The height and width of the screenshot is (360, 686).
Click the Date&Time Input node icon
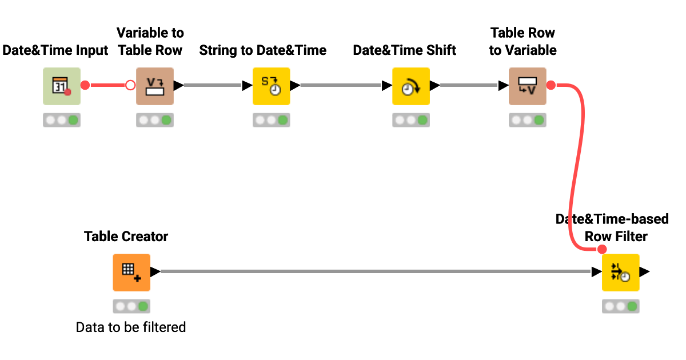[62, 86]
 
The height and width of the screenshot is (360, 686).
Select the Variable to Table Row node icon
[154, 86]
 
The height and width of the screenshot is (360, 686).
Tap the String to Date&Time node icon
[271, 86]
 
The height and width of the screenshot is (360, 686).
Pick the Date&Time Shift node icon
[410, 86]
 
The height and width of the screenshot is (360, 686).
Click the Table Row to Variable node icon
[527, 86]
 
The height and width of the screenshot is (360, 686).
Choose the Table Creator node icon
[131, 273]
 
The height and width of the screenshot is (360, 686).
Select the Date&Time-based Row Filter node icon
[620, 273]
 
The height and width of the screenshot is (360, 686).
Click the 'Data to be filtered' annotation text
[131, 327]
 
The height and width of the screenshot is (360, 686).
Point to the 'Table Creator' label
[126, 236]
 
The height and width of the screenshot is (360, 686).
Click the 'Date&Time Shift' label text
[404, 50]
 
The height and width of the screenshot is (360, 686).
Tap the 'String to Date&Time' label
[262, 50]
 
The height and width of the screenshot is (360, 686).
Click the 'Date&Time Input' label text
[55, 50]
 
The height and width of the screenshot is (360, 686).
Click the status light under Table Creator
[131, 306]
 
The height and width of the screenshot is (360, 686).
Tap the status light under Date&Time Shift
[410, 120]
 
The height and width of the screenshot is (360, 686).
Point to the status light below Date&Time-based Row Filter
[620, 306]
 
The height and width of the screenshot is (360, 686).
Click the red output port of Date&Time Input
[85, 86]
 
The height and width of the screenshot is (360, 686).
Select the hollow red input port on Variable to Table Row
[130, 86]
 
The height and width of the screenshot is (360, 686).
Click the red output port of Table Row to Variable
[551, 86]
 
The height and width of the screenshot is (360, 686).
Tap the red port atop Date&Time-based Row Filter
[601, 249]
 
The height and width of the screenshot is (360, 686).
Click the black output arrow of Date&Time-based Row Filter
[644, 272]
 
